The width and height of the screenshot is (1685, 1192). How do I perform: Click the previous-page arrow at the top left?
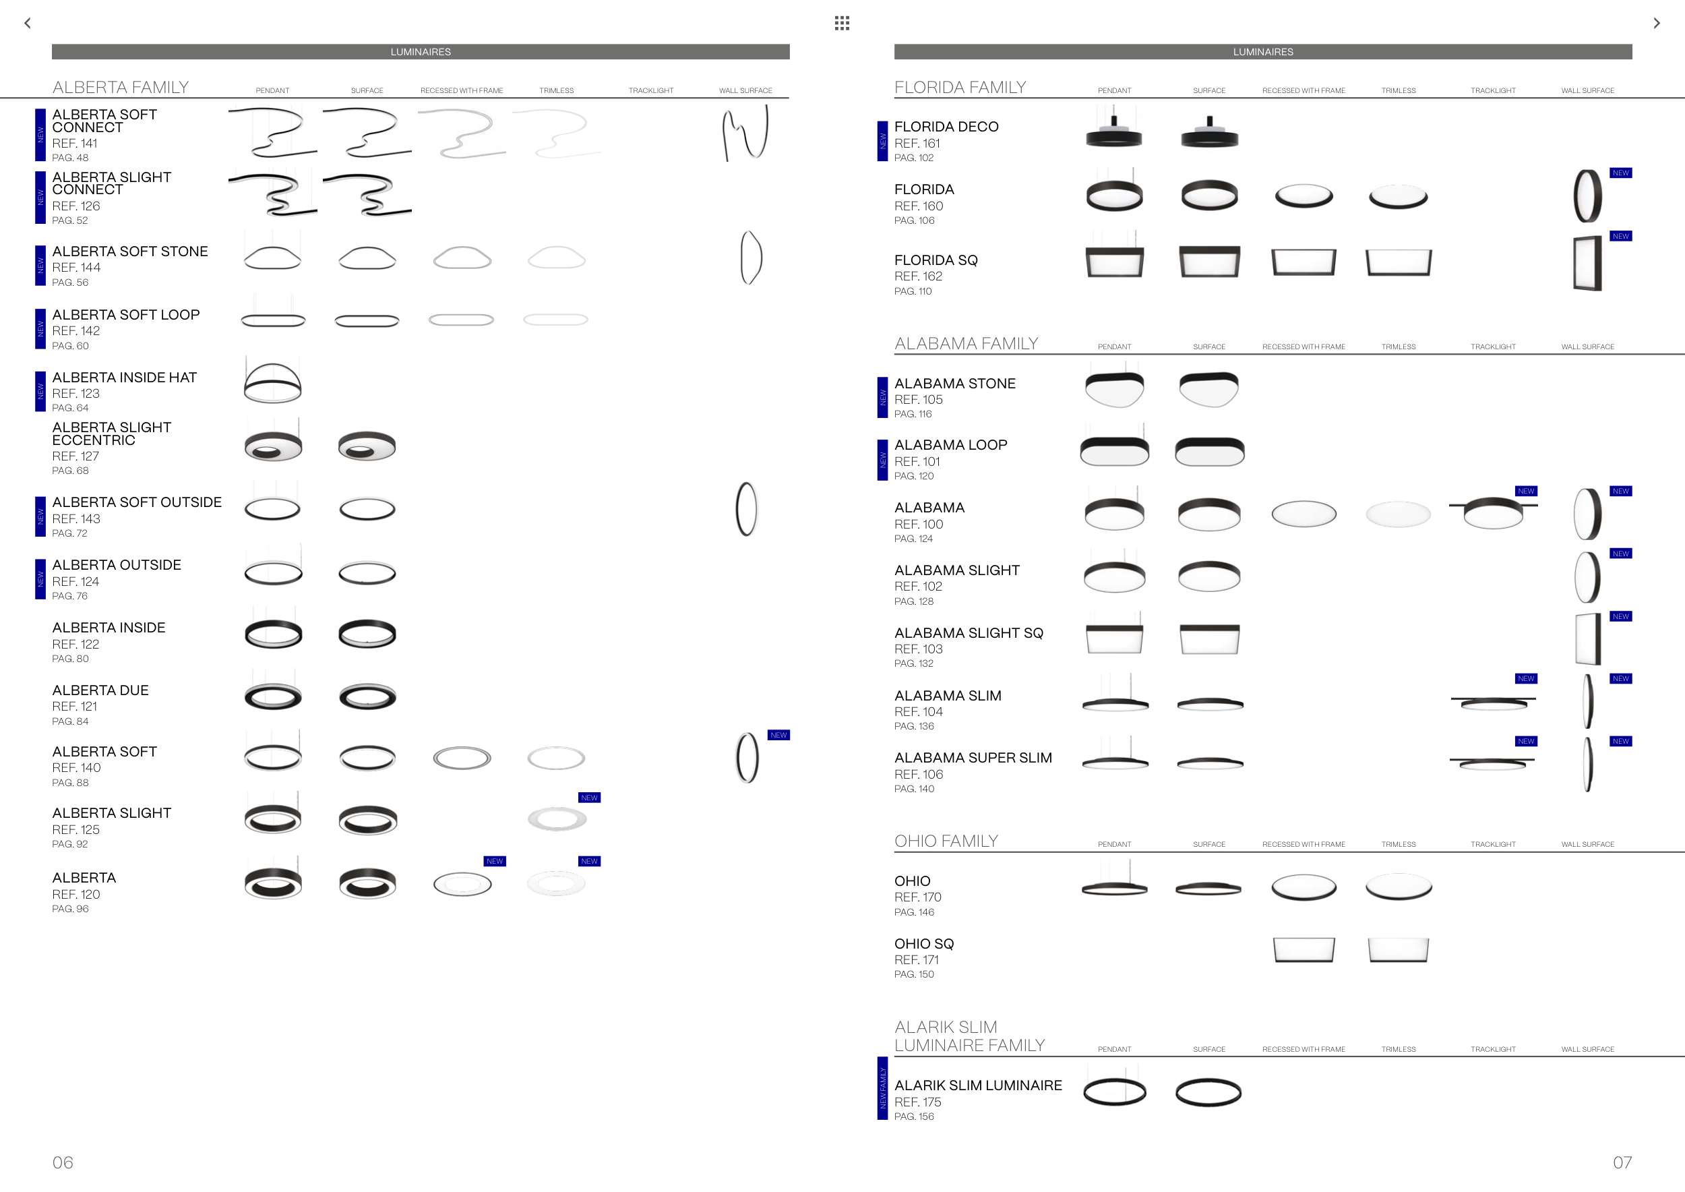[28, 23]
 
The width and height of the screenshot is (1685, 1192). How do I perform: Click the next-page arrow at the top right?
[1657, 23]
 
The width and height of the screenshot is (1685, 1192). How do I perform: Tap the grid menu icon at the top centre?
[842, 23]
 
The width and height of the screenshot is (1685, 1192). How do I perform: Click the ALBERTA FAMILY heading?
[121, 88]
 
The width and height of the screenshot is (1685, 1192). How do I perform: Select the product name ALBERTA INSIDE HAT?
[125, 378]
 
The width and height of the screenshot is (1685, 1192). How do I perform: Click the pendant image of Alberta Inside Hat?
[272, 382]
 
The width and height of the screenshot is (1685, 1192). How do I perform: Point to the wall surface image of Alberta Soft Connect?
[745, 133]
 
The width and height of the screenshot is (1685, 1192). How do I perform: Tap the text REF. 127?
[75, 456]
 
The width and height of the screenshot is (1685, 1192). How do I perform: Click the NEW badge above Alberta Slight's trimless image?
[589, 798]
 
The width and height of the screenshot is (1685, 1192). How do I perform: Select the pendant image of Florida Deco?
[1114, 129]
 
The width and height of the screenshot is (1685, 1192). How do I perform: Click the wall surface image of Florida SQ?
[1587, 263]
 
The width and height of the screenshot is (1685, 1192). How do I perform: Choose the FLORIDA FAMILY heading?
[960, 88]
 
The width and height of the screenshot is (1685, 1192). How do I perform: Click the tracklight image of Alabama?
[1493, 511]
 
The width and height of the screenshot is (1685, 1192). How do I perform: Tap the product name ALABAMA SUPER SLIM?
[973, 758]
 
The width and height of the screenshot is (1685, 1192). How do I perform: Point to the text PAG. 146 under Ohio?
[914, 912]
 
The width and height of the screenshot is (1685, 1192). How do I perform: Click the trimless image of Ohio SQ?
[1398, 949]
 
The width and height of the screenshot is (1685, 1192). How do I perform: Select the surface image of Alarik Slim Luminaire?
[1208, 1092]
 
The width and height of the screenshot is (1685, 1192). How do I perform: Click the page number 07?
[1622, 1162]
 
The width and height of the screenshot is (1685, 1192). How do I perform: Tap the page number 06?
[63, 1162]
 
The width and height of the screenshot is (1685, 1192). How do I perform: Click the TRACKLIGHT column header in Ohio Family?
[1493, 844]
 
